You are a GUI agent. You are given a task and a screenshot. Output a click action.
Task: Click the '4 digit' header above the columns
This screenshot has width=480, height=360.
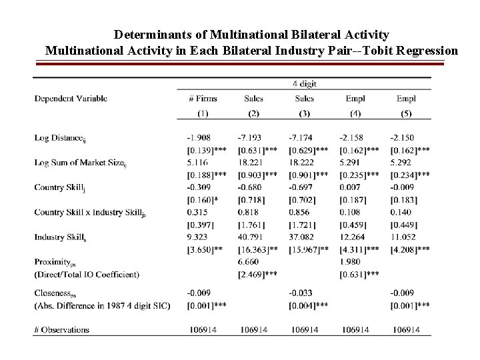click(x=304, y=84)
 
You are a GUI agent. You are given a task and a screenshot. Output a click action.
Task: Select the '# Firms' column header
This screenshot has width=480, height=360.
click(x=203, y=99)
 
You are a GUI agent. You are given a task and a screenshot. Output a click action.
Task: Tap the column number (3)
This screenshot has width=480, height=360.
click(x=304, y=113)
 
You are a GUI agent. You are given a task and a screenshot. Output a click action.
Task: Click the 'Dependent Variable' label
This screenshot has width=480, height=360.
click(x=71, y=99)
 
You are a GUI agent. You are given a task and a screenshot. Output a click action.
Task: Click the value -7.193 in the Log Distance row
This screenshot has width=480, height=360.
click(x=249, y=137)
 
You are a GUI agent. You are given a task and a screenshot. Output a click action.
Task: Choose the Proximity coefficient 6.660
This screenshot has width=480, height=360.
click(x=247, y=261)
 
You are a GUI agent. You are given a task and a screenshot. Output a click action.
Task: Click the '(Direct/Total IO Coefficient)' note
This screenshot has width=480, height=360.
click(x=87, y=274)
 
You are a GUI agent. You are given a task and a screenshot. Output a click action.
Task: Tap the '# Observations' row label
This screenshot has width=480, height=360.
click(x=61, y=329)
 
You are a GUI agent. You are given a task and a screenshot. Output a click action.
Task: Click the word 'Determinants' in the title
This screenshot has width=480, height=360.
click(x=150, y=34)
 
